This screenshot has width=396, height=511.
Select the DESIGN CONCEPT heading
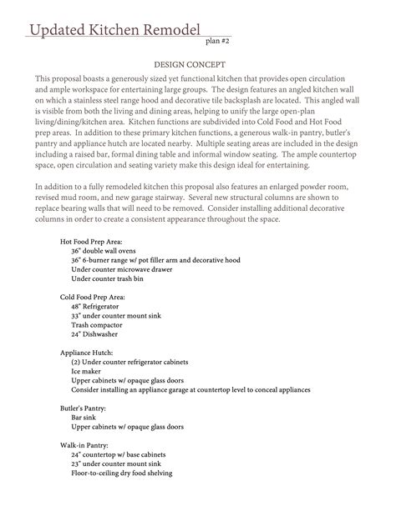[x=197, y=63]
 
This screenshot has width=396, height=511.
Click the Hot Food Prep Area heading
[x=92, y=240]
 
